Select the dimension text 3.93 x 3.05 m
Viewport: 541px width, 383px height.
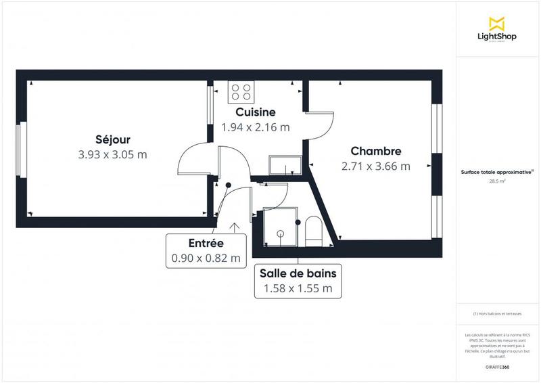click(112, 154)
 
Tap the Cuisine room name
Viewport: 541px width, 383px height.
click(255, 112)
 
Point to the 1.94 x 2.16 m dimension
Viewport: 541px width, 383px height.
click(255, 127)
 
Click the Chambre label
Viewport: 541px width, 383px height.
click(376, 152)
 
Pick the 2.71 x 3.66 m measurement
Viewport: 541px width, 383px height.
click(376, 166)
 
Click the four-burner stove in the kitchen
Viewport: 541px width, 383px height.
click(241, 91)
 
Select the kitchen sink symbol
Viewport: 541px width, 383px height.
click(285, 164)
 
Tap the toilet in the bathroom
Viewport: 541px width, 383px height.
click(314, 230)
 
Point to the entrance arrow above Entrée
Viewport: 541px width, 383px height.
click(235, 229)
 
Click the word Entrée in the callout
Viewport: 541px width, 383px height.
click(206, 244)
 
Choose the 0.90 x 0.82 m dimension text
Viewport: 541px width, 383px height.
click(206, 258)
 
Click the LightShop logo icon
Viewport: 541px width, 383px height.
click(497, 24)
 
